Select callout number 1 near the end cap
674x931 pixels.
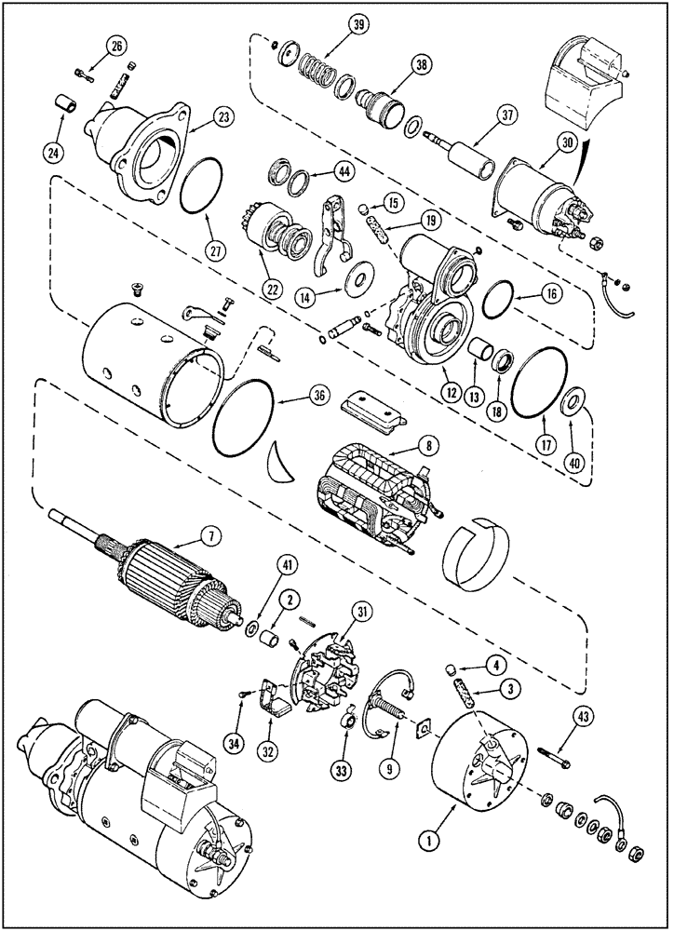point(430,841)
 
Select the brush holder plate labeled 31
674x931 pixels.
point(321,666)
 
